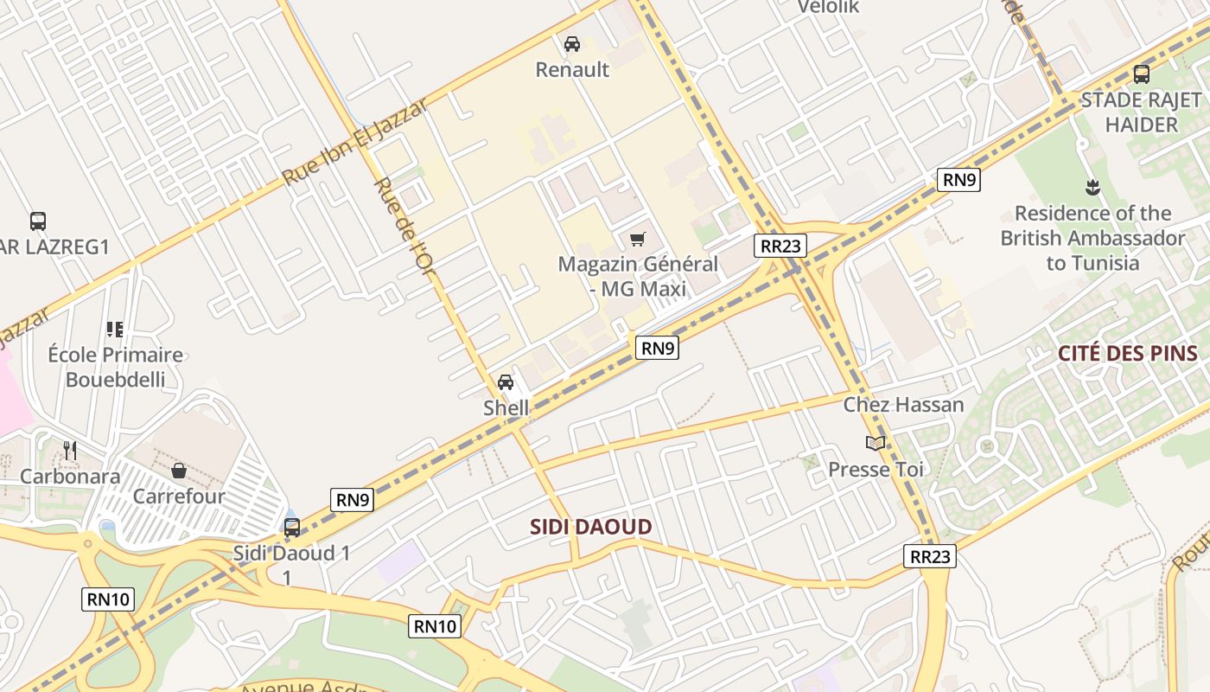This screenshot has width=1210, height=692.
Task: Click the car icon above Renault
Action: [x=571, y=43]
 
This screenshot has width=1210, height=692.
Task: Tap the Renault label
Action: [x=572, y=69]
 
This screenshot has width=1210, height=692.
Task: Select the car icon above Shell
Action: [x=506, y=381]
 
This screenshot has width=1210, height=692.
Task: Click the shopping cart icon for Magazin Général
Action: [x=638, y=239]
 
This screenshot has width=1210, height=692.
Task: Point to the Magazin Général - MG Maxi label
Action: [x=638, y=276]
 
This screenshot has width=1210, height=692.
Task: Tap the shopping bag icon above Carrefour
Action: [x=179, y=471]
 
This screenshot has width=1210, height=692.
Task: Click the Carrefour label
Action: [x=179, y=497]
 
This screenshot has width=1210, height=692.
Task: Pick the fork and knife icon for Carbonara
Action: [x=70, y=450]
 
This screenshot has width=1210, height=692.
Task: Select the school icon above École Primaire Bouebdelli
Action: [x=115, y=329]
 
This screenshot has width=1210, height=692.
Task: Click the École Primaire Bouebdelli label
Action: [x=115, y=367]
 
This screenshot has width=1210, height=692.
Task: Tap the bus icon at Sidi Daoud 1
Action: [x=292, y=527]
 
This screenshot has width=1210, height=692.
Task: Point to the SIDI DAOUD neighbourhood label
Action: [x=590, y=527]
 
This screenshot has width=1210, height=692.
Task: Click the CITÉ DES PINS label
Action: [x=1128, y=353]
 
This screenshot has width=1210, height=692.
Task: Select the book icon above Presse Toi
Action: [x=876, y=444]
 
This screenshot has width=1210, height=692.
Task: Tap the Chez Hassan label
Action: [x=903, y=404]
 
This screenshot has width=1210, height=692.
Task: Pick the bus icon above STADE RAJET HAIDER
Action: [x=1142, y=74]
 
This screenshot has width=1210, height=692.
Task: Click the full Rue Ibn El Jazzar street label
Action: [x=355, y=142]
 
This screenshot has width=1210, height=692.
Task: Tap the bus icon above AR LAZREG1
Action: [x=38, y=221]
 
